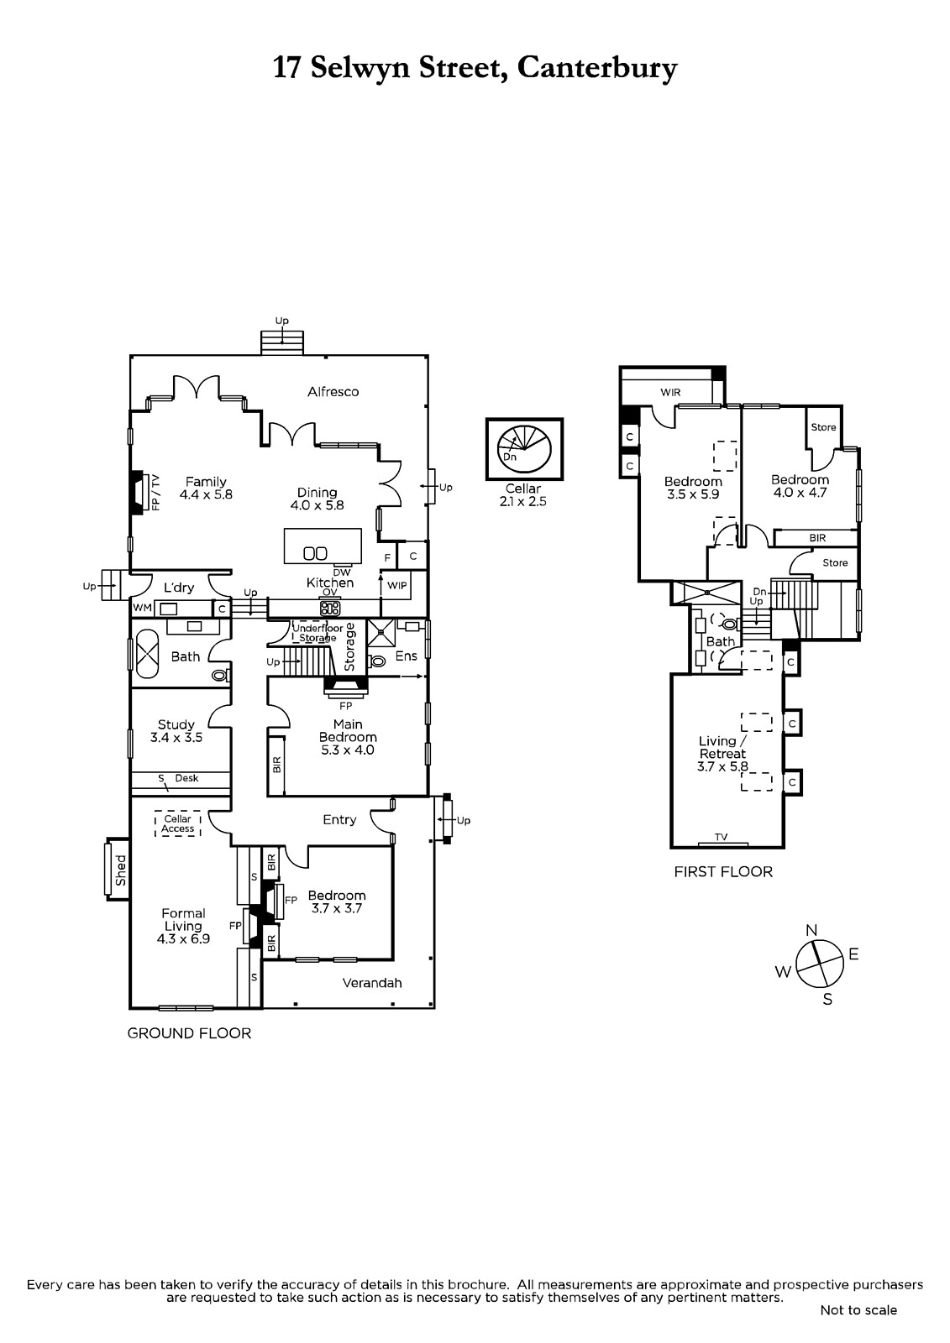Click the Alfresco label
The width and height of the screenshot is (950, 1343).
tap(333, 391)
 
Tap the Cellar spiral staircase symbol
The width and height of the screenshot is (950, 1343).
tap(524, 449)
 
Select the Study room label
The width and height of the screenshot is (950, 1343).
tap(176, 724)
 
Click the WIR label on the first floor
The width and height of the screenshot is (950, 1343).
tap(670, 393)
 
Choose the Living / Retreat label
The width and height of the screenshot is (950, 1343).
tap(722, 747)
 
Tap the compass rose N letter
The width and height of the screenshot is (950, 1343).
tap(811, 930)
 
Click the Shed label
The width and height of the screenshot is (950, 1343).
tap(121, 870)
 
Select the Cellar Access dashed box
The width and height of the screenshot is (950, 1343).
tap(177, 823)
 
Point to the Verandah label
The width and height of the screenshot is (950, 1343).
tap(372, 983)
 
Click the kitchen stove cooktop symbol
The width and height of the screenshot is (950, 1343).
tap(330, 609)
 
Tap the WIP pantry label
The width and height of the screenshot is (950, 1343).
tap(397, 585)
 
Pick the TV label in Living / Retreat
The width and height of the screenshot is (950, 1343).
tap(722, 836)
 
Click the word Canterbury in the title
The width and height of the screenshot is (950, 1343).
tap(597, 68)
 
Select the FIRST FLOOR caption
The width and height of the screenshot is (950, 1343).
tap(723, 872)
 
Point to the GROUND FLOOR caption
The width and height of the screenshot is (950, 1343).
tap(189, 1033)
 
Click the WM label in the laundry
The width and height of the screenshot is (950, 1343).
tap(142, 608)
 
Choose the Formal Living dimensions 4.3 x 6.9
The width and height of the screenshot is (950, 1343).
tap(184, 939)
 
